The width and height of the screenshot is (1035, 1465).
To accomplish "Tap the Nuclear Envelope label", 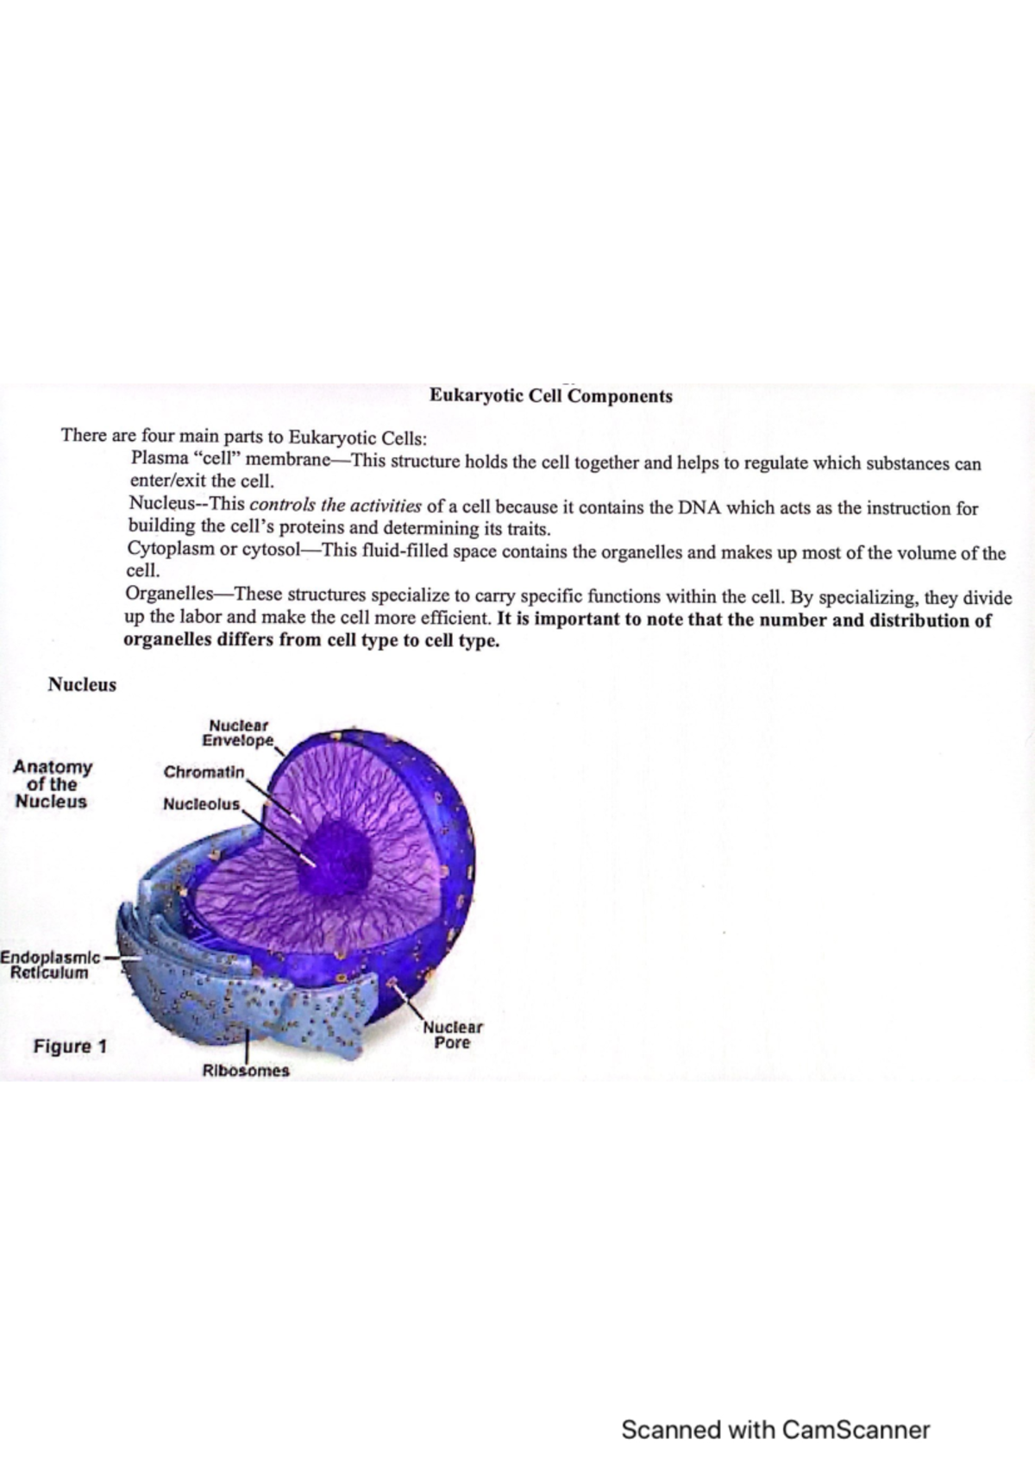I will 237,733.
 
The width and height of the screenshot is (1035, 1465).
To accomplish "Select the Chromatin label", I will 204,771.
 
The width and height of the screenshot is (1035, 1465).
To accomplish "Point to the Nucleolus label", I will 202,804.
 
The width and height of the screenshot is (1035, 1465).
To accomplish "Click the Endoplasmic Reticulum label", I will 50,965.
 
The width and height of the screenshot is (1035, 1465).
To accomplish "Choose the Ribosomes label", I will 246,1071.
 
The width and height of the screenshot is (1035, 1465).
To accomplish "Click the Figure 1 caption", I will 70,1047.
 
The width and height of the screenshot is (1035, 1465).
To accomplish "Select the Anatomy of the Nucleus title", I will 52,783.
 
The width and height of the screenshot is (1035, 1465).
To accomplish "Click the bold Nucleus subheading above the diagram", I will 82,685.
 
